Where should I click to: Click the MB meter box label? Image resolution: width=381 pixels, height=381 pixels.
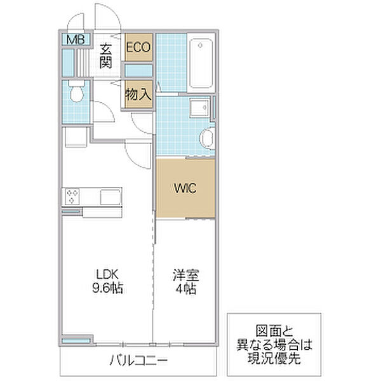pos(76,39)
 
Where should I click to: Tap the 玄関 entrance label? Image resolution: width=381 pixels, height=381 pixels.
pos(106,56)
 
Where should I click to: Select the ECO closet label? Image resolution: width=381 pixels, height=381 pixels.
pos(138,47)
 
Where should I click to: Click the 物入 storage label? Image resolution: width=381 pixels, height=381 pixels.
pos(138,94)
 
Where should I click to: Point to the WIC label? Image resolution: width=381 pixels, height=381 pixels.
pos(185,188)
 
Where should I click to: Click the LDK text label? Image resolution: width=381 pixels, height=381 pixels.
pos(107,274)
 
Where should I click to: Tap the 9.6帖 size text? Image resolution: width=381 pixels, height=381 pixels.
pos(107,288)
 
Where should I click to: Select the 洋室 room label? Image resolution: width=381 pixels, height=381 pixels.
pos(186,275)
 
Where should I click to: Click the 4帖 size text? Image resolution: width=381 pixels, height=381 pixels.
pos(186,288)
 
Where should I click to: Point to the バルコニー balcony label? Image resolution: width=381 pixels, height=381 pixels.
pos(138,360)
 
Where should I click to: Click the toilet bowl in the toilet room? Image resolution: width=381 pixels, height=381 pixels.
pos(77,92)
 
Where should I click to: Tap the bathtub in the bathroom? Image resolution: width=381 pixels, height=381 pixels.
pos(201,63)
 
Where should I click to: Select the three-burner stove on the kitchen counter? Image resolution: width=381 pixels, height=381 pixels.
pos(72,197)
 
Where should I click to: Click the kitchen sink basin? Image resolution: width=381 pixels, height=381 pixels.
pos(110,197)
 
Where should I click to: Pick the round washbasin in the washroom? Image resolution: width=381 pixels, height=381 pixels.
pos(207,138)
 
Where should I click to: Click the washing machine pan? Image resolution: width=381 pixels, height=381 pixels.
pos(76,137)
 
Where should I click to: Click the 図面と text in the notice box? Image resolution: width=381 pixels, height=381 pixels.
pos(274,331)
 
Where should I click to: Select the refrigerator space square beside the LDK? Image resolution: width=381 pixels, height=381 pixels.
pos(76,137)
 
